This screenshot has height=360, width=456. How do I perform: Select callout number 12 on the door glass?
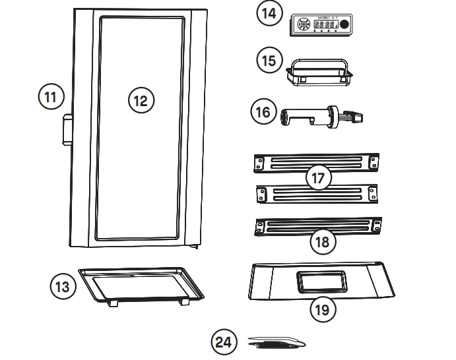point(140,100)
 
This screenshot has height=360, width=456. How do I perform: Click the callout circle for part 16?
point(263,112)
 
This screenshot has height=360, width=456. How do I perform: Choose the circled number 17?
point(319,177)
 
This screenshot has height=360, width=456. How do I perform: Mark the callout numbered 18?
point(323,241)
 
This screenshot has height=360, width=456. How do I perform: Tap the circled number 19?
point(323,309)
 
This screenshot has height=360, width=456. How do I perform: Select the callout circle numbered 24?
point(224,343)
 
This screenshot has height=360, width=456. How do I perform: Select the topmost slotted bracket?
point(317,162)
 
